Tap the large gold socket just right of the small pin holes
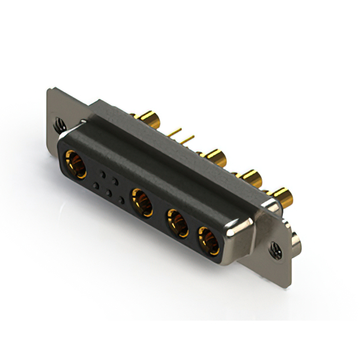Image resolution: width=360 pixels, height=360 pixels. [142, 201]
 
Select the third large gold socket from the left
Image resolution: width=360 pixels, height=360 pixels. [177, 221]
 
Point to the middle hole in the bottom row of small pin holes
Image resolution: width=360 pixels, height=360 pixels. [109, 193]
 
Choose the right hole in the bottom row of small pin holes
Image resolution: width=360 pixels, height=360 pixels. [121, 201]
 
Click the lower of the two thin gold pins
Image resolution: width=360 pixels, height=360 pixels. [188, 138]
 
